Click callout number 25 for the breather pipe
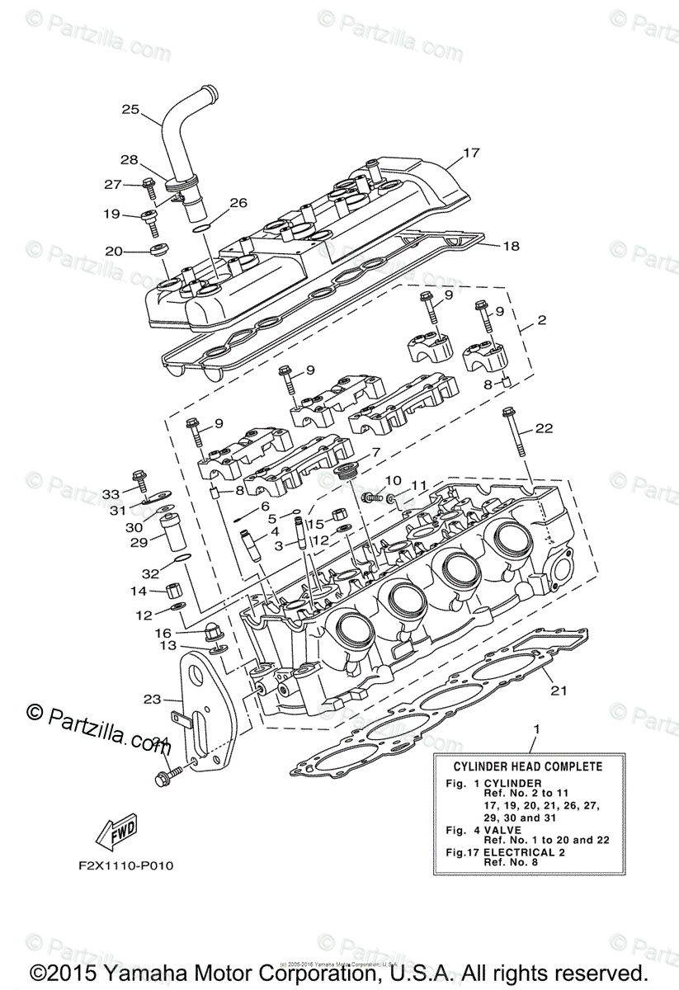click(130, 109)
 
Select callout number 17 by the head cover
click(493, 153)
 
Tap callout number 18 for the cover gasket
click(511, 246)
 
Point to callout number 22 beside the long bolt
click(543, 428)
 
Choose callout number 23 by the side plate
click(151, 699)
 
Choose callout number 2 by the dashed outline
click(541, 319)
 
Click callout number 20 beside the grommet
click(114, 251)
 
